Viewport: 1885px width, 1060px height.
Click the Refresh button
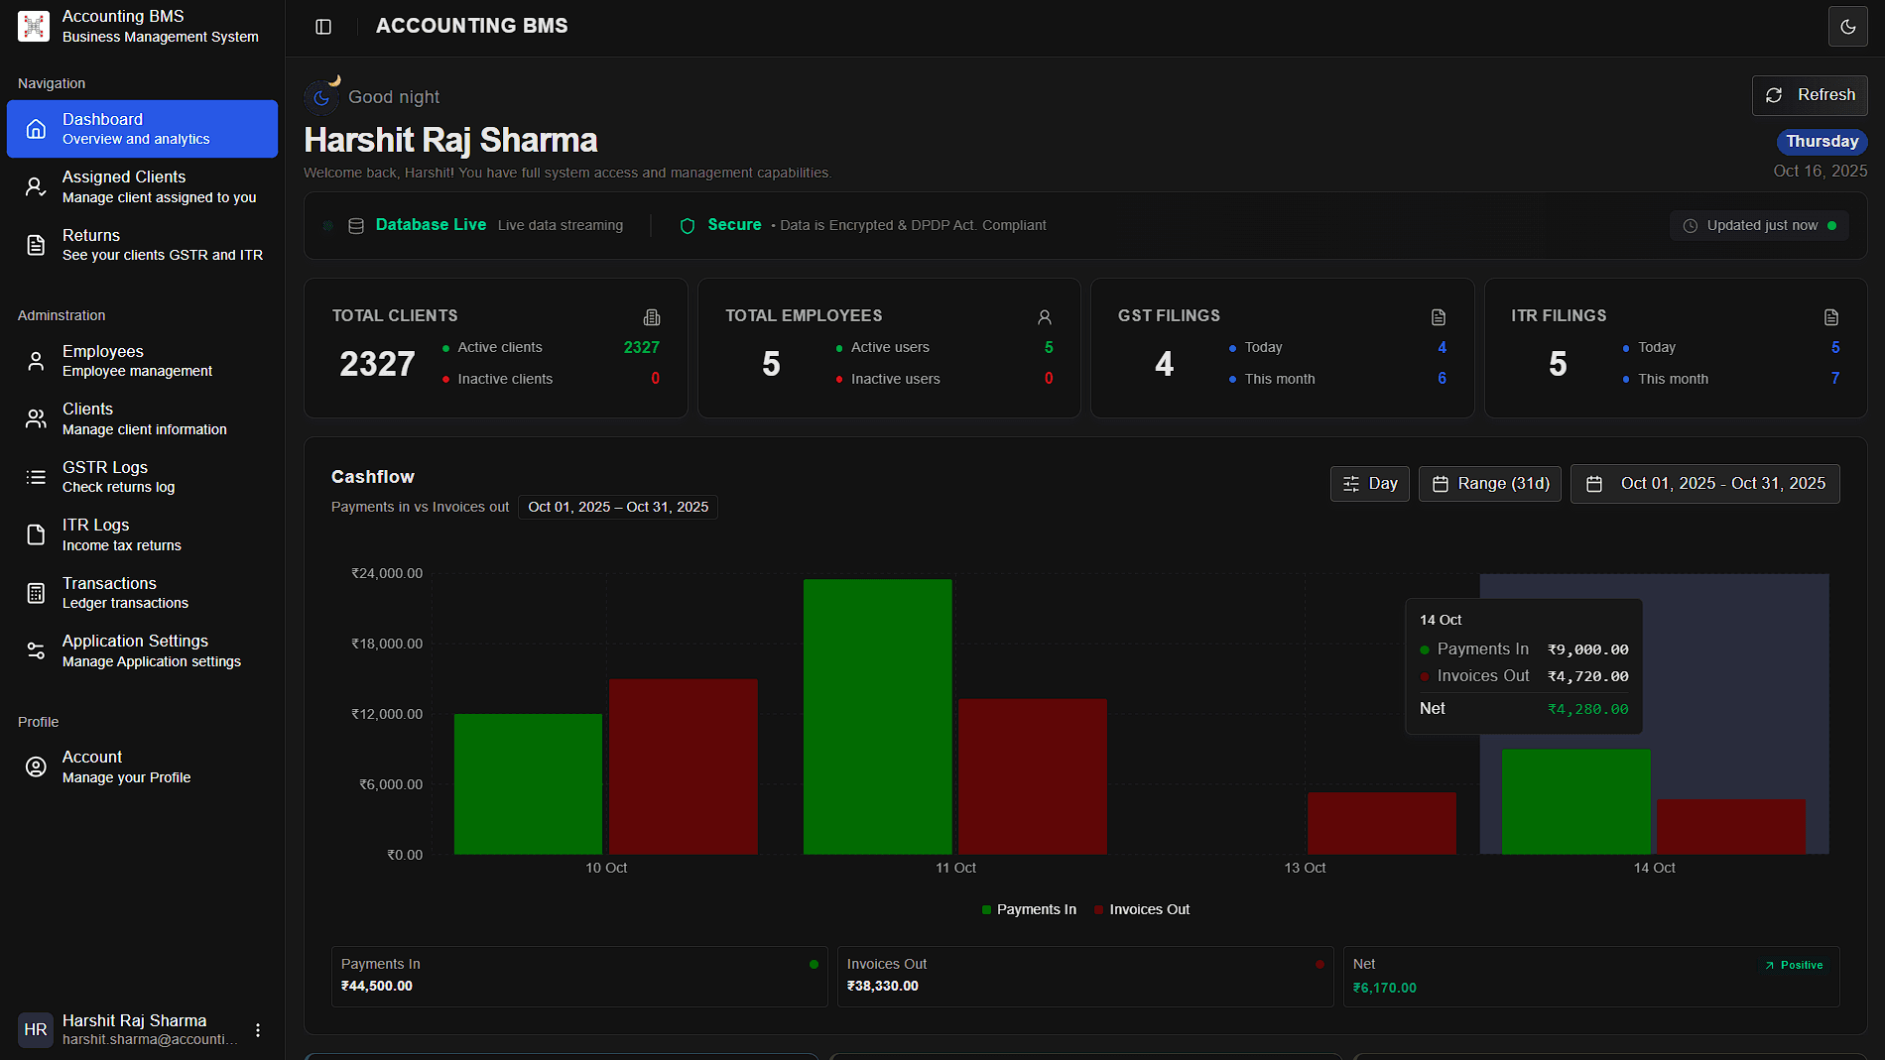[x=1810, y=95]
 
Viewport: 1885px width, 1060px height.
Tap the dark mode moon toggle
[x=1847, y=27]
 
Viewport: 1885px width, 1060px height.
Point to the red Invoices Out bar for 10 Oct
[x=683, y=766]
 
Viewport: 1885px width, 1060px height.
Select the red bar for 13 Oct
[x=1381, y=822]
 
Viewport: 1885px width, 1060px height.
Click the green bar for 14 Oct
[x=1575, y=801]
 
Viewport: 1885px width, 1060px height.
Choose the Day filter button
[x=1369, y=484]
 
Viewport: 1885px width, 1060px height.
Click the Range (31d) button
[x=1490, y=484]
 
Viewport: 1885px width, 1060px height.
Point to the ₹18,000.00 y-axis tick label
[x=387, y=644]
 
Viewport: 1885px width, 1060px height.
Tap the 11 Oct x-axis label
[x=955, y=868]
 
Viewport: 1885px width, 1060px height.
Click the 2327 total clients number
[x=377, y=364]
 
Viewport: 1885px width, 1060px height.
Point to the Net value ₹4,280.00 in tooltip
[x=1587, y=709]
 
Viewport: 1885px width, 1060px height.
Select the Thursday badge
[x=1822, y=142]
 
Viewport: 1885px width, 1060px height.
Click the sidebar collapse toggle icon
[x=323, y=27]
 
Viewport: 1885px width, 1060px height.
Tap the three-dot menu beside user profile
[x=258, y=1030]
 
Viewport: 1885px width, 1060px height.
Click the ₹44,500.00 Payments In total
[x=377, y=986]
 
